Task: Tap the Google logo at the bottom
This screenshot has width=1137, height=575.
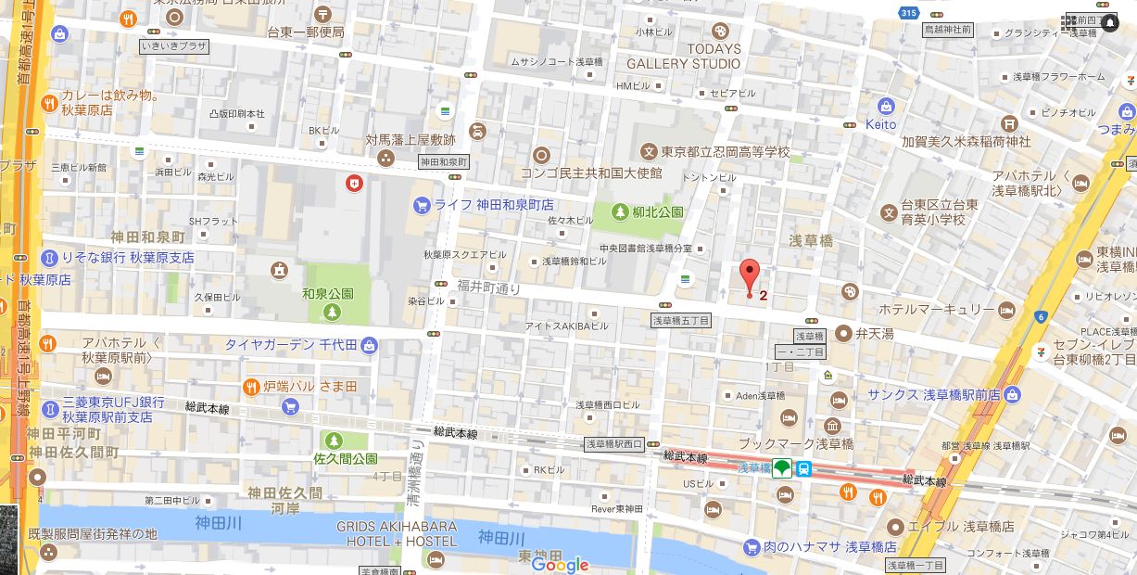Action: tap(560, 565)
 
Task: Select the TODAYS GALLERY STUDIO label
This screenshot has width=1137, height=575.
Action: tap(684, 56)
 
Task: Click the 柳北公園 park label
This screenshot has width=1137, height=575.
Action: tap(659, 212)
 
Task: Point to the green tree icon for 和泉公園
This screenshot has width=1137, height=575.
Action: tap(331, 313)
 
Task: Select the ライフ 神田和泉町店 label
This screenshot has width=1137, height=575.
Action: tap(495, 204)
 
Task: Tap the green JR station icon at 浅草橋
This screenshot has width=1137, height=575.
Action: tap(783, 469)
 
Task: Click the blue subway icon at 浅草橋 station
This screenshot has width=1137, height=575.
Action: tap(804, 469)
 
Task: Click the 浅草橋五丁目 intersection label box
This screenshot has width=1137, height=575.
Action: tap(680, 320)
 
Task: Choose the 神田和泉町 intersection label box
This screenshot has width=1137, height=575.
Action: tap(444, 160)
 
